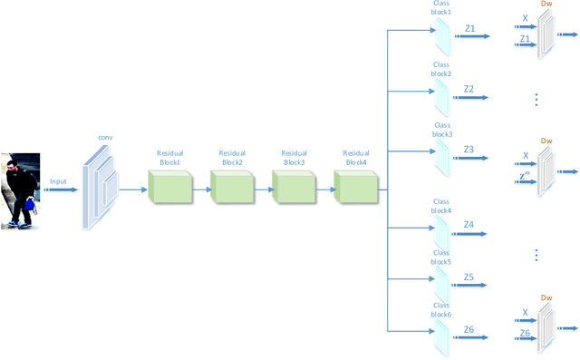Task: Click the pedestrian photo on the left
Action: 20,190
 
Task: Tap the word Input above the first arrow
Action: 58,181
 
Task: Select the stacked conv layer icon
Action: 100,188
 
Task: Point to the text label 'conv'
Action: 105,138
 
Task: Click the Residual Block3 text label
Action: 294,158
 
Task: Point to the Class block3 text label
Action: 442,130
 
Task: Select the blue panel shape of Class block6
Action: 441,336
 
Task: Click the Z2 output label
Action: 469,89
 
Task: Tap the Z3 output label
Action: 469,149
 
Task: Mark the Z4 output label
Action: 469,224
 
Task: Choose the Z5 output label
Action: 469,277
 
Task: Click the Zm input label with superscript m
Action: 525,176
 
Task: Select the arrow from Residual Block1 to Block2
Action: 201,190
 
